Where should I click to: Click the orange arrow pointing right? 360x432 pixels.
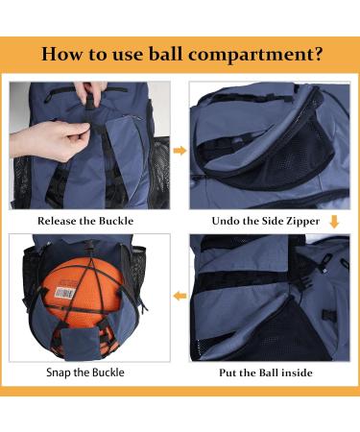[179, 150]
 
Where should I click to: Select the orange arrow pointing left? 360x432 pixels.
[179, 297]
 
